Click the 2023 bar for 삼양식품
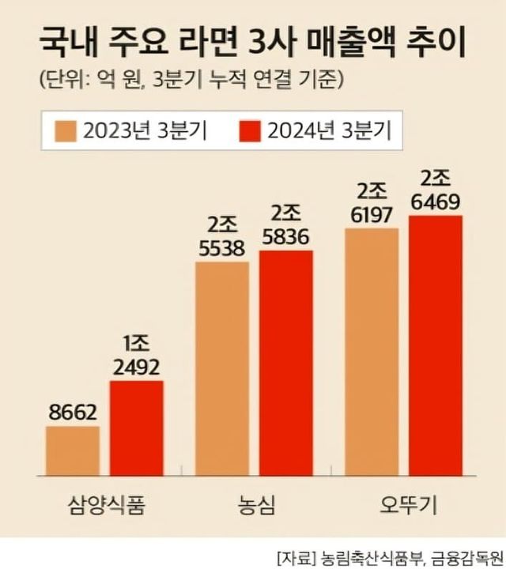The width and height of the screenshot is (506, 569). [73, 450]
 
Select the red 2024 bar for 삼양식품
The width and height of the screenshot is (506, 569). [137, 428]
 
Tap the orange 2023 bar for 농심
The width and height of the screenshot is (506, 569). [222, 368]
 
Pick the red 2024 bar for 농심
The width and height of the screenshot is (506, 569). [286, 363]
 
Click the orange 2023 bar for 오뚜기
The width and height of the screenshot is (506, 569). [372, 352]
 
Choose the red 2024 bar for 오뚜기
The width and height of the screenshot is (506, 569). [436, 345]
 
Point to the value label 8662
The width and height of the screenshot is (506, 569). [73, 413]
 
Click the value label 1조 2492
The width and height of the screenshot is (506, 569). [137, 356]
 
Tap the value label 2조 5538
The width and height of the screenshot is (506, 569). [222, 236]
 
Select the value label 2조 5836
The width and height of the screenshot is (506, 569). [286, 226]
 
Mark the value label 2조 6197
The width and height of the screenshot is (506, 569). [372, 203]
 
